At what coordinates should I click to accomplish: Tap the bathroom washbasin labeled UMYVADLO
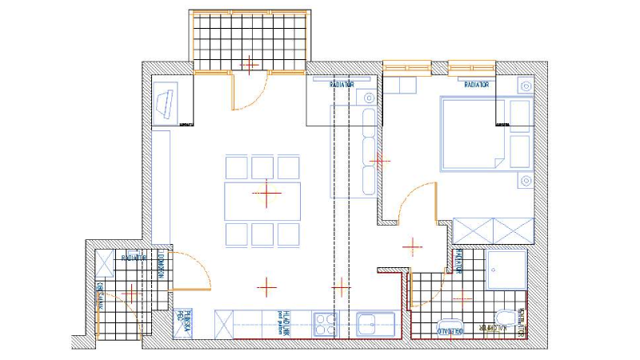pos(450,328)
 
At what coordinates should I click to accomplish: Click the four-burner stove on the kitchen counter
pos(326,324)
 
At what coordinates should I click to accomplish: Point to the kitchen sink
pos(370,325)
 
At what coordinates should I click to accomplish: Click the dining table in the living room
pos(263,194)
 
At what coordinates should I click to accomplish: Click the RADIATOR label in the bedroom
pos(477,82)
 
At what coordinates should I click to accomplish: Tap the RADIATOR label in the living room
pos(342,82)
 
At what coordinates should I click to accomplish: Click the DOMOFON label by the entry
pos(161,263)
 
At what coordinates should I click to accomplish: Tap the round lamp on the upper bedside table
pos(525,86)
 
